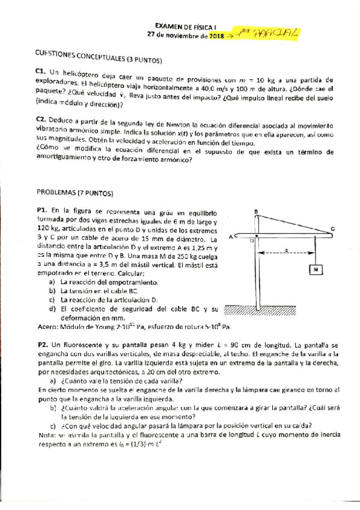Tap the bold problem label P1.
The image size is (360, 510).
pos(41,211)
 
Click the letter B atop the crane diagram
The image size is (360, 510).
pos(256,212)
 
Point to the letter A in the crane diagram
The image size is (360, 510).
pos(231,236)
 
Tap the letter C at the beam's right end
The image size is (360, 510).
pos(333,229)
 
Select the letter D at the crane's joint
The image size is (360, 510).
pos(252,241)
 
